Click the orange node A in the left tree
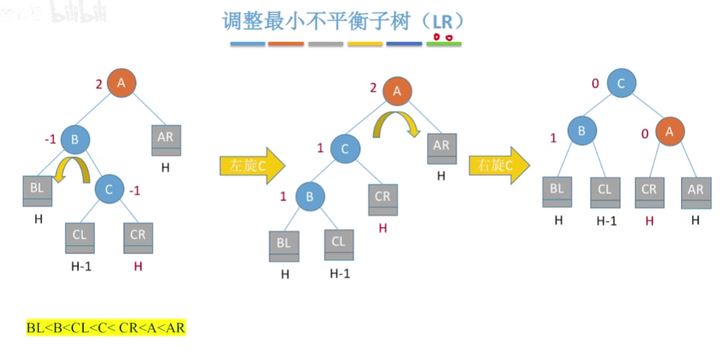(x=121, y=84)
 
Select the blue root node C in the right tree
(x=621, y=84)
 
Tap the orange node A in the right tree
(x=670, y=130)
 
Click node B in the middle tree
(x=310, y=197)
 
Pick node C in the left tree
(x=108, y=189)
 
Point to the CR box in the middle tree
(x=382, y=199)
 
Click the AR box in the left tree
(x=165, y=140)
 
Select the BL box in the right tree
(x=557, y=191)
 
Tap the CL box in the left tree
(x=80, y=237)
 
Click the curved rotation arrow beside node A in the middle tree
(x=394, y=126)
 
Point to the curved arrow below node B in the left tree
(x=74, y=170)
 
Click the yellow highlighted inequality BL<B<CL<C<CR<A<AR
(x=106, y=327)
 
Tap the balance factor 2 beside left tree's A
(x=99, y=84)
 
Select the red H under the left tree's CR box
(x=138, y=266)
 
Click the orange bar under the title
(x=286, y=44)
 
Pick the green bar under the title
(x=444, y=44)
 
